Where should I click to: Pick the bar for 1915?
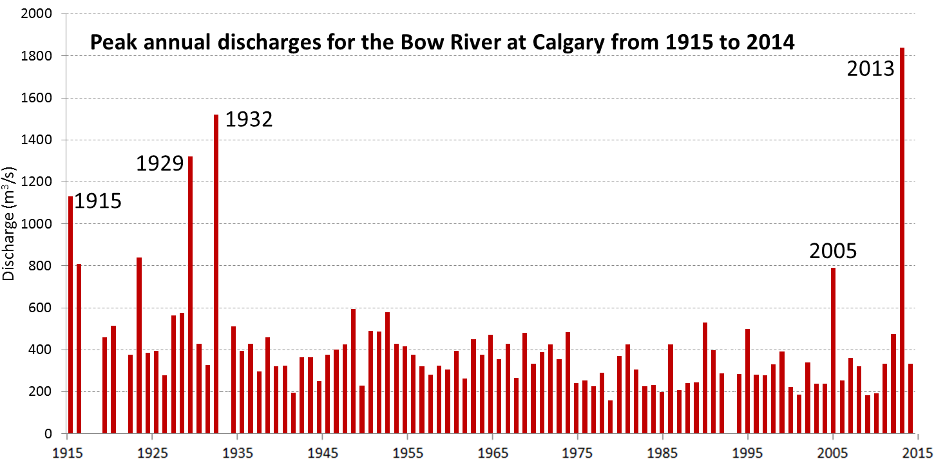(70, 315)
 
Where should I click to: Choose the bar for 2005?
(833, 350)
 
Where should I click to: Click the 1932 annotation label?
(249, 119)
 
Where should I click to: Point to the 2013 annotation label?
(871, 68)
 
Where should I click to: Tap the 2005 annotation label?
(833, 251)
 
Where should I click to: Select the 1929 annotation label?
(160, 164)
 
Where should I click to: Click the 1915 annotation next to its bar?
(98, 201)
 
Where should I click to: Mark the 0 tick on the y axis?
(48, 434)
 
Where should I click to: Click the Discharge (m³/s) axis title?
(9, 223)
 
